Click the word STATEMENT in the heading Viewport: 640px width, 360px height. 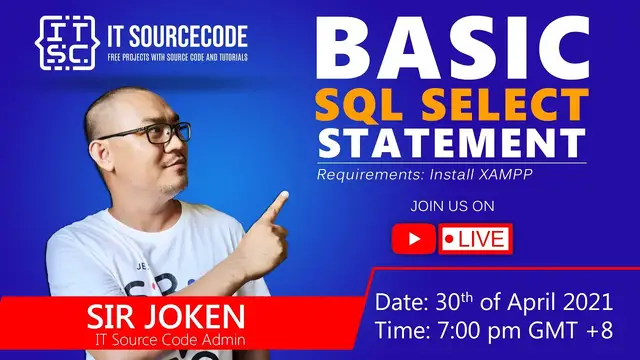tap(451, 141)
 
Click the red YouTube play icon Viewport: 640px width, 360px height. tap(414, 239)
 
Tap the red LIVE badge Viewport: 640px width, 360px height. tap(476, 239)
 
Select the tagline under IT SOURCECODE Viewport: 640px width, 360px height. tap(177, 56)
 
